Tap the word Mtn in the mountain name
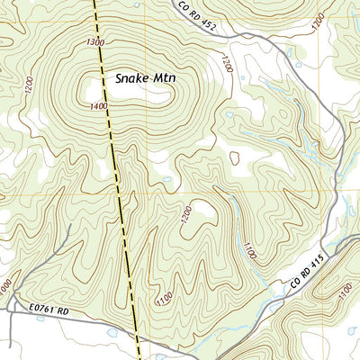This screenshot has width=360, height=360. pos(165,78)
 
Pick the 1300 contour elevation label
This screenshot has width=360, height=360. pos(95,43)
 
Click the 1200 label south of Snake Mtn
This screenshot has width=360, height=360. pos(185,214)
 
